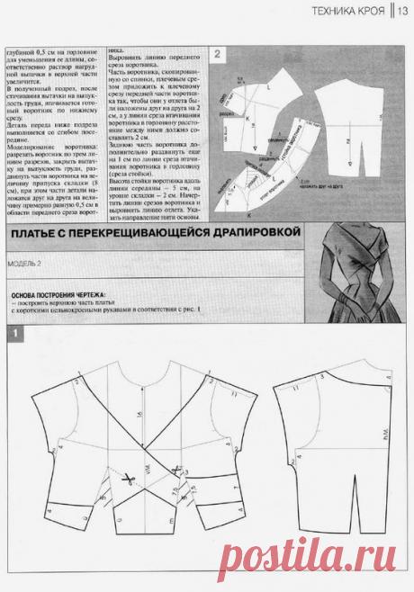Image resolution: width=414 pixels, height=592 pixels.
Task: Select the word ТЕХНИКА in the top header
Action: (x=327, y=12)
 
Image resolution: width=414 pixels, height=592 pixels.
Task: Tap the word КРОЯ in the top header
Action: (x=373, y=12)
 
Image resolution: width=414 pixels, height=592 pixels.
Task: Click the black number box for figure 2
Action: (x=218, y=54)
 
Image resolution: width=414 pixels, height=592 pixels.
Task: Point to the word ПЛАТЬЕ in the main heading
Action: (x=40, y=238)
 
